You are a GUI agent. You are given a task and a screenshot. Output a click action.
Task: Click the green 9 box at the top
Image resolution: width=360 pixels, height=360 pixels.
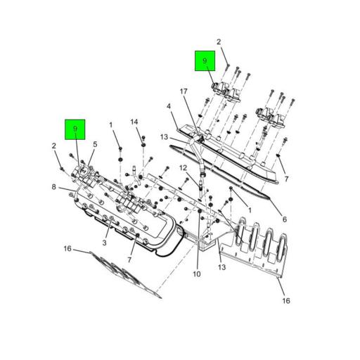(x=205, y=62)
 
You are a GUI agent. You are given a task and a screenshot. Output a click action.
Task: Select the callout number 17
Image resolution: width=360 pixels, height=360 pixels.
(x=183, y=91)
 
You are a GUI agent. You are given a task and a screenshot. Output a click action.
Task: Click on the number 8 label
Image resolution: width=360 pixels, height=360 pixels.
(x=53, y=187)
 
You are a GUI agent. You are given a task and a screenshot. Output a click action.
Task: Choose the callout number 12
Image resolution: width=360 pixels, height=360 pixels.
(x=182, y=168)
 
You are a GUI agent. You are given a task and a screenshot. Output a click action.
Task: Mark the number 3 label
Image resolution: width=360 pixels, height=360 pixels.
(x=103, y=243)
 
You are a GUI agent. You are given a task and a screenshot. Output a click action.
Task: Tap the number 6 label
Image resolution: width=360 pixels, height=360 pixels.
(x=283, y=219)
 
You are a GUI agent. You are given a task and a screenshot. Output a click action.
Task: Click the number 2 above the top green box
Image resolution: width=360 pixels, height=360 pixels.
(x=219, y=42)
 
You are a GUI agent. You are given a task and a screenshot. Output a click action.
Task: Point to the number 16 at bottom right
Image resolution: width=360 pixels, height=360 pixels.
(x=286, y=301)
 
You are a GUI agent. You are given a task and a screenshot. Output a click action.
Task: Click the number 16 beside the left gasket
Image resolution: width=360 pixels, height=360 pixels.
(x=67, y=249)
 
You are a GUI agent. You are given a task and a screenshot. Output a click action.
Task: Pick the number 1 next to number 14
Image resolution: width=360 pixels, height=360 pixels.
(x=111, y=125)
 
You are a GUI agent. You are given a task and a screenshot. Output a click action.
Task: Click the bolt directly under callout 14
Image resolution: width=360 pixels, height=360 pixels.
(x=143, y=146)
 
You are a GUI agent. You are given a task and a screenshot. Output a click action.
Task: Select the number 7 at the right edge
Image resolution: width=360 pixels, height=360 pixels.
(x=286, y=179)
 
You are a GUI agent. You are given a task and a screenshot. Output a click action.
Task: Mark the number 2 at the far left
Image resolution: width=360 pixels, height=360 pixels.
(x=53, y=146)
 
